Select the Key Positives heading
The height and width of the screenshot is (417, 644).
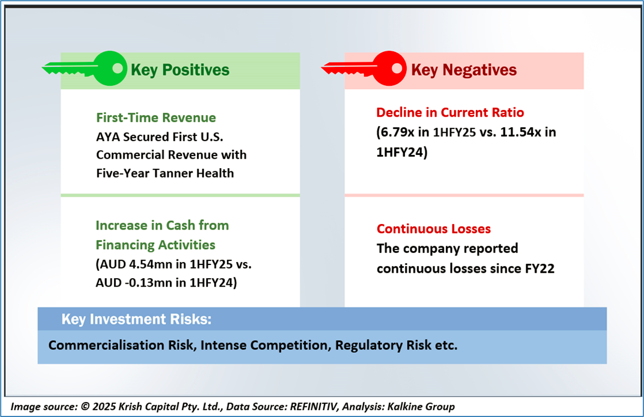pyautogui.click(x=180, y=70)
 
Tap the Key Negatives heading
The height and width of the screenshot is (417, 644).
pyautogui.click(x=464, y=70)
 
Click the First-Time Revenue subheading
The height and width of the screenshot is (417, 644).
pyautogui.click(x=156, y=118)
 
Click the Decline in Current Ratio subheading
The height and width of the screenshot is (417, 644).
pyautogui.click(x=450, y=112)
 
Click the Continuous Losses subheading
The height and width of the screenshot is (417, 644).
pyautogui.click(x=434, y=228)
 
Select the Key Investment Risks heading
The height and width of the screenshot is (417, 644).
pyautogui.click(x=136, y=319)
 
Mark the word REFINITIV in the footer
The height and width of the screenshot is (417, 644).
pyautogui.click(x=314, y=406)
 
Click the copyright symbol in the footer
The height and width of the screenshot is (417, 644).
pyautogui.click(x=85, y=406)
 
